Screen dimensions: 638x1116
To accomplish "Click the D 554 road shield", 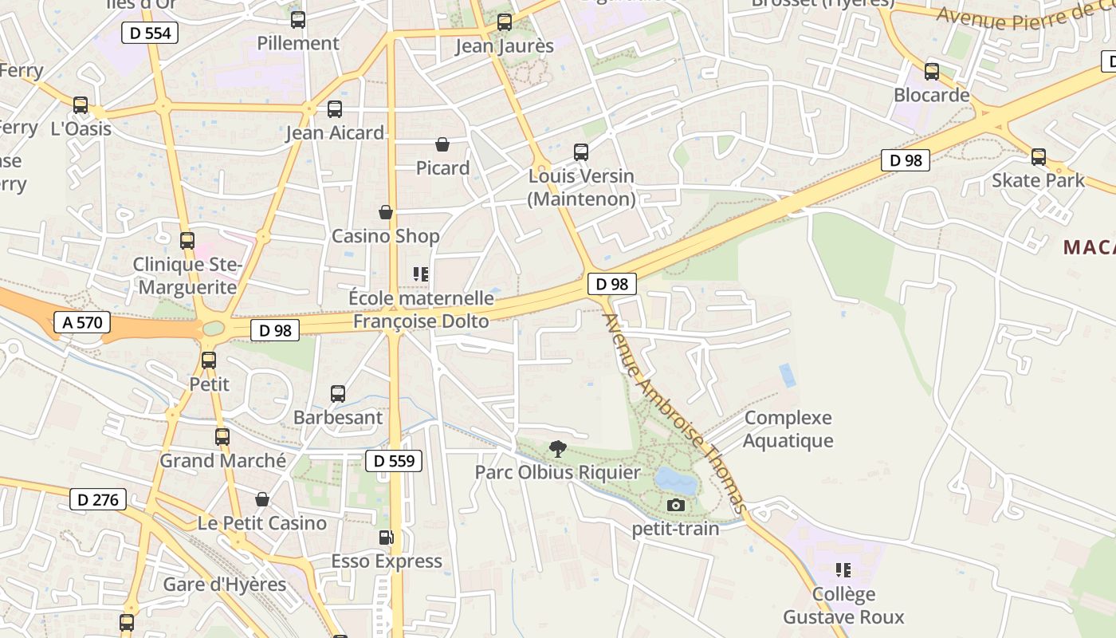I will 150,33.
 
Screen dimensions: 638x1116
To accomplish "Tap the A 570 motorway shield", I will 81,322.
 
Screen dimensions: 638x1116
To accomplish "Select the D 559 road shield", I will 394,460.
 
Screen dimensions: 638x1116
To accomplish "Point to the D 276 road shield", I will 98,500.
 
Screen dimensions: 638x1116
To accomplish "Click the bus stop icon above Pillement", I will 297,20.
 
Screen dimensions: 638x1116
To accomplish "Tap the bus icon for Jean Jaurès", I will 504,22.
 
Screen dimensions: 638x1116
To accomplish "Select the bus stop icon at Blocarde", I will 931,72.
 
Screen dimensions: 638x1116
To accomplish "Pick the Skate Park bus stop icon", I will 1038,157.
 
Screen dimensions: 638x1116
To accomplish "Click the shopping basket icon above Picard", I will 442,144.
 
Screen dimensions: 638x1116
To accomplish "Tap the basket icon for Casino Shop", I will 386,212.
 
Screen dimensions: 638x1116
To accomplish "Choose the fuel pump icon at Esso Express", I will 386,538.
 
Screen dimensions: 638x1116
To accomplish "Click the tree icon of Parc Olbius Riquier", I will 558,449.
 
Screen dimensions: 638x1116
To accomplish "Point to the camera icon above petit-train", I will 675,505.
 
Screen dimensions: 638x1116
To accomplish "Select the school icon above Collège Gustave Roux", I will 843,570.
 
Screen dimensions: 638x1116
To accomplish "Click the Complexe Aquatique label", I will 788,429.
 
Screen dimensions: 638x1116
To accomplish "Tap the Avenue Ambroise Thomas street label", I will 674,413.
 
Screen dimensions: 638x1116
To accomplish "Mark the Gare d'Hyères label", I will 224,585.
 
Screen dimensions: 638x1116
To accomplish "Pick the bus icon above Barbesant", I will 338,393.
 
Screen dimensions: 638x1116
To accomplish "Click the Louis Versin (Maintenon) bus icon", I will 581,152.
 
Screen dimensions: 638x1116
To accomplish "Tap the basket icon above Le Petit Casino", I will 262,499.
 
